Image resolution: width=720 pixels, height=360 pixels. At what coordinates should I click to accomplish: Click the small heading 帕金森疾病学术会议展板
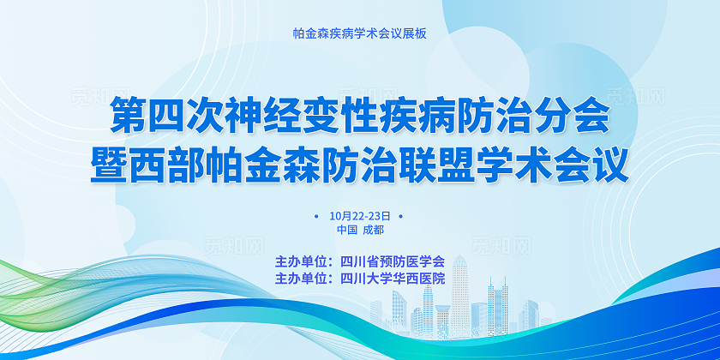pyautogui.click(x=359, y=34)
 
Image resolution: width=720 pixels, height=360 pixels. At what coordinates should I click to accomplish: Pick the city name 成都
pyautogui.click(x=373, y=230)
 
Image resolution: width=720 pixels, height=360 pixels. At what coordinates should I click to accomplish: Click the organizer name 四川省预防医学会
pyautogui.click(x=393, y=261)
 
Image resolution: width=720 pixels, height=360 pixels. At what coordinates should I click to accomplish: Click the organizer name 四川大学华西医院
pyautogui.click(x=393, y=278)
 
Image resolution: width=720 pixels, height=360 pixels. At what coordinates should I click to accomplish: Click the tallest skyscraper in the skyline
pyautogui.click(x=460, y=291)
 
